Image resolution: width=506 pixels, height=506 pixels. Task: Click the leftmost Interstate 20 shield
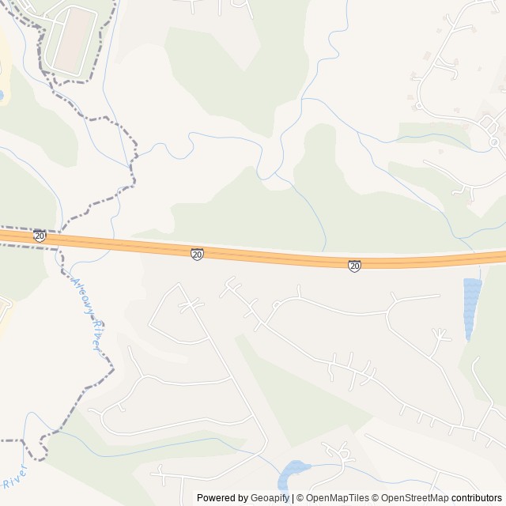[x=40, y=236]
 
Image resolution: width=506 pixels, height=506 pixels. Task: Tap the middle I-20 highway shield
[x=197, y=254]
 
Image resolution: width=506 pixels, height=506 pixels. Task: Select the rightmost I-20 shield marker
[x=354, y=266]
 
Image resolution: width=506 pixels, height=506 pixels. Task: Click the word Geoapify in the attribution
[x=269, y=498]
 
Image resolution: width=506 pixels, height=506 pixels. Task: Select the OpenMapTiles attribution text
[x=335, y=498]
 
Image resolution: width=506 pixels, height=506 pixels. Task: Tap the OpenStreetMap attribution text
[x=411, y=498]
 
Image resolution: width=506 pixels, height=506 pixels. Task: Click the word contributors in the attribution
[x=478, y=498]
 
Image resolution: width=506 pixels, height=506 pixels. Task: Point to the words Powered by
[x=221, y=498]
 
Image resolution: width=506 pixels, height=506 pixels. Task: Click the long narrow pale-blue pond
[x=472, y=307]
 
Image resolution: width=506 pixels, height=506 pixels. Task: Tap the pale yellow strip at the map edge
[x=4, y=55]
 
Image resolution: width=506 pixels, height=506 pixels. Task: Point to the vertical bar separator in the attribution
[x=294, y=498]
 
